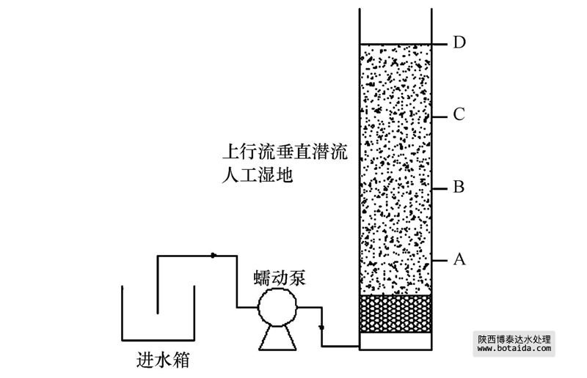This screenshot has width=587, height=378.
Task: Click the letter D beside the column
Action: (459, 42)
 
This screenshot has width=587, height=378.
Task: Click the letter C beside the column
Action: (459, 114)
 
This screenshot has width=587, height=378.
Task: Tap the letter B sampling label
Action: (459, 188)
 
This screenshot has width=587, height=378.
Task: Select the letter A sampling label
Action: (459, 259)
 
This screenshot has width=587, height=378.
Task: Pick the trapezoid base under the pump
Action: (276, 336)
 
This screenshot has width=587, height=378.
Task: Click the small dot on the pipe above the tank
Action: (213, 256)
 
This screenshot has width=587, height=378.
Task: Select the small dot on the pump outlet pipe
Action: (321, 327)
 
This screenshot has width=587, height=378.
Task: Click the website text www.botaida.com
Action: (513, 349)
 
